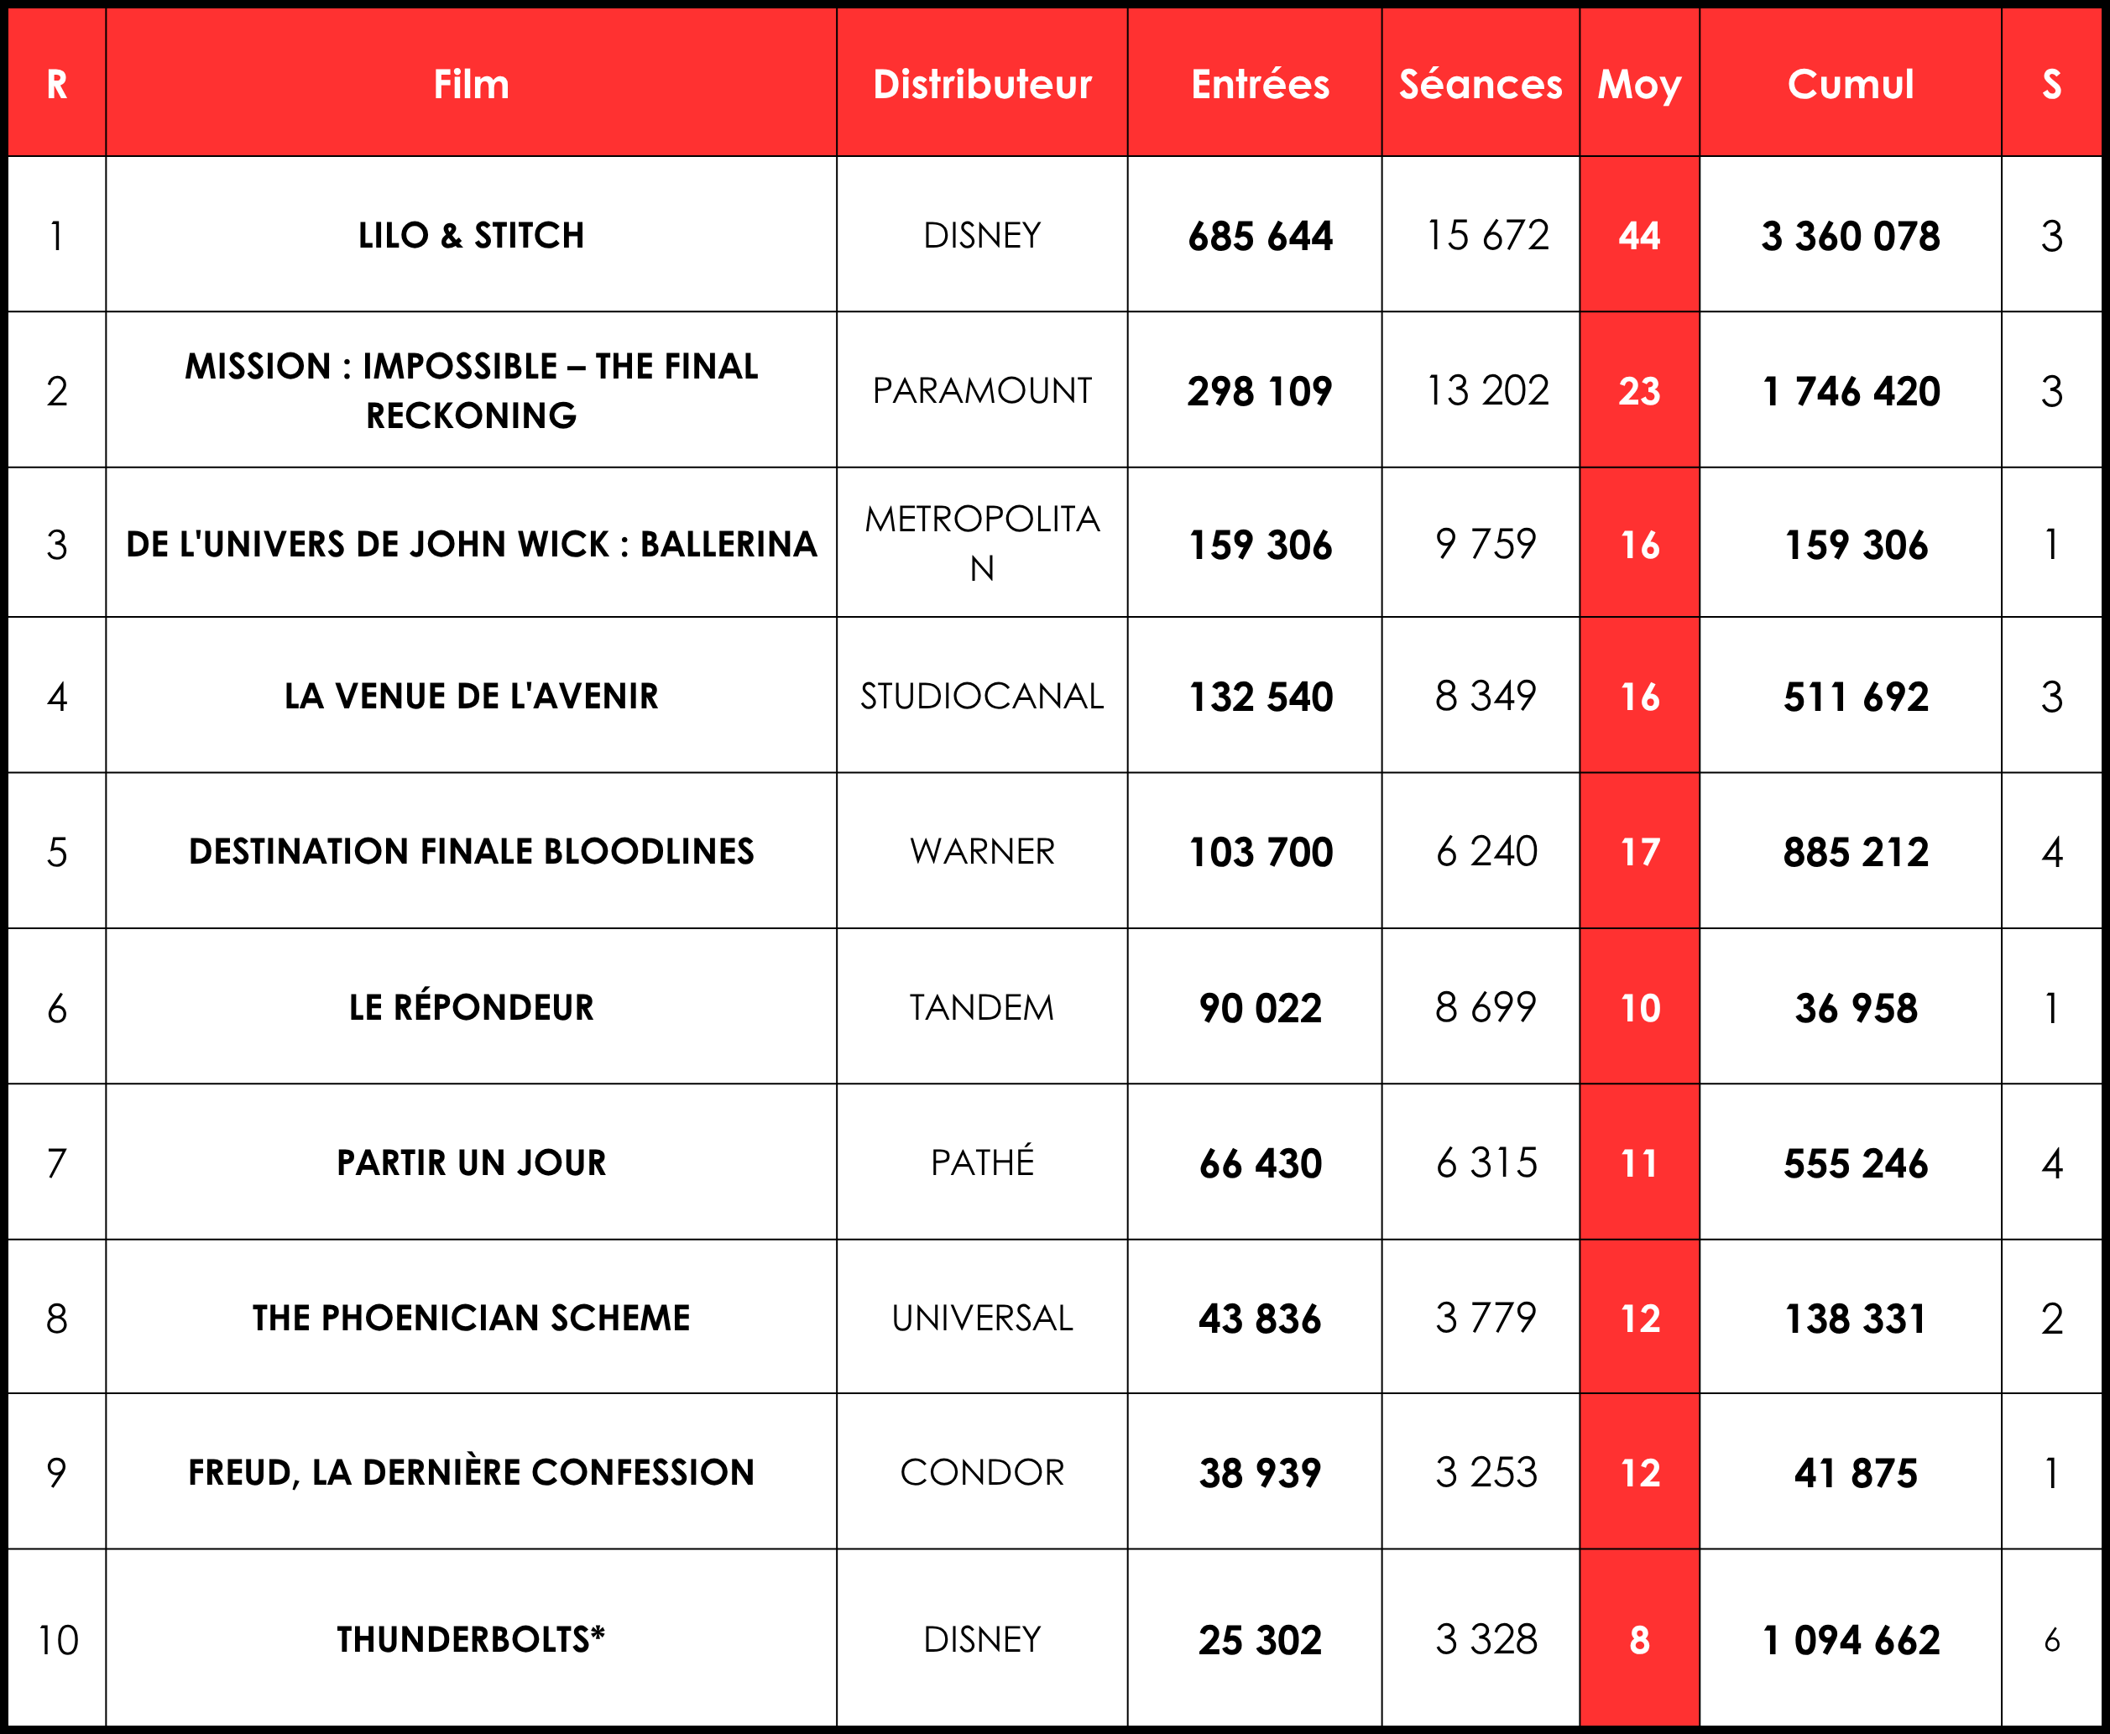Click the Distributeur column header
click(x=982, y=84)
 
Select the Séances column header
click(x=1480, y=84)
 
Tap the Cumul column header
click(x=1851, y=84)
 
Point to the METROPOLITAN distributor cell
click(x=982, y=542)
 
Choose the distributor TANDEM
click(x=982, y=1008)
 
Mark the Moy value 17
click(x=1640, y=852)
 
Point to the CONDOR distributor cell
click(x=982, y=1472)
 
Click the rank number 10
click(x=57, y=1640)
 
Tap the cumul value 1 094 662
click(x=1851, y=1640)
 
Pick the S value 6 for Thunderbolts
click(x=2051, y=1640)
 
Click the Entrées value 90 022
click(x=1259, y=1008)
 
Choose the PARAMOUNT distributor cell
click(x=982, y=390)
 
